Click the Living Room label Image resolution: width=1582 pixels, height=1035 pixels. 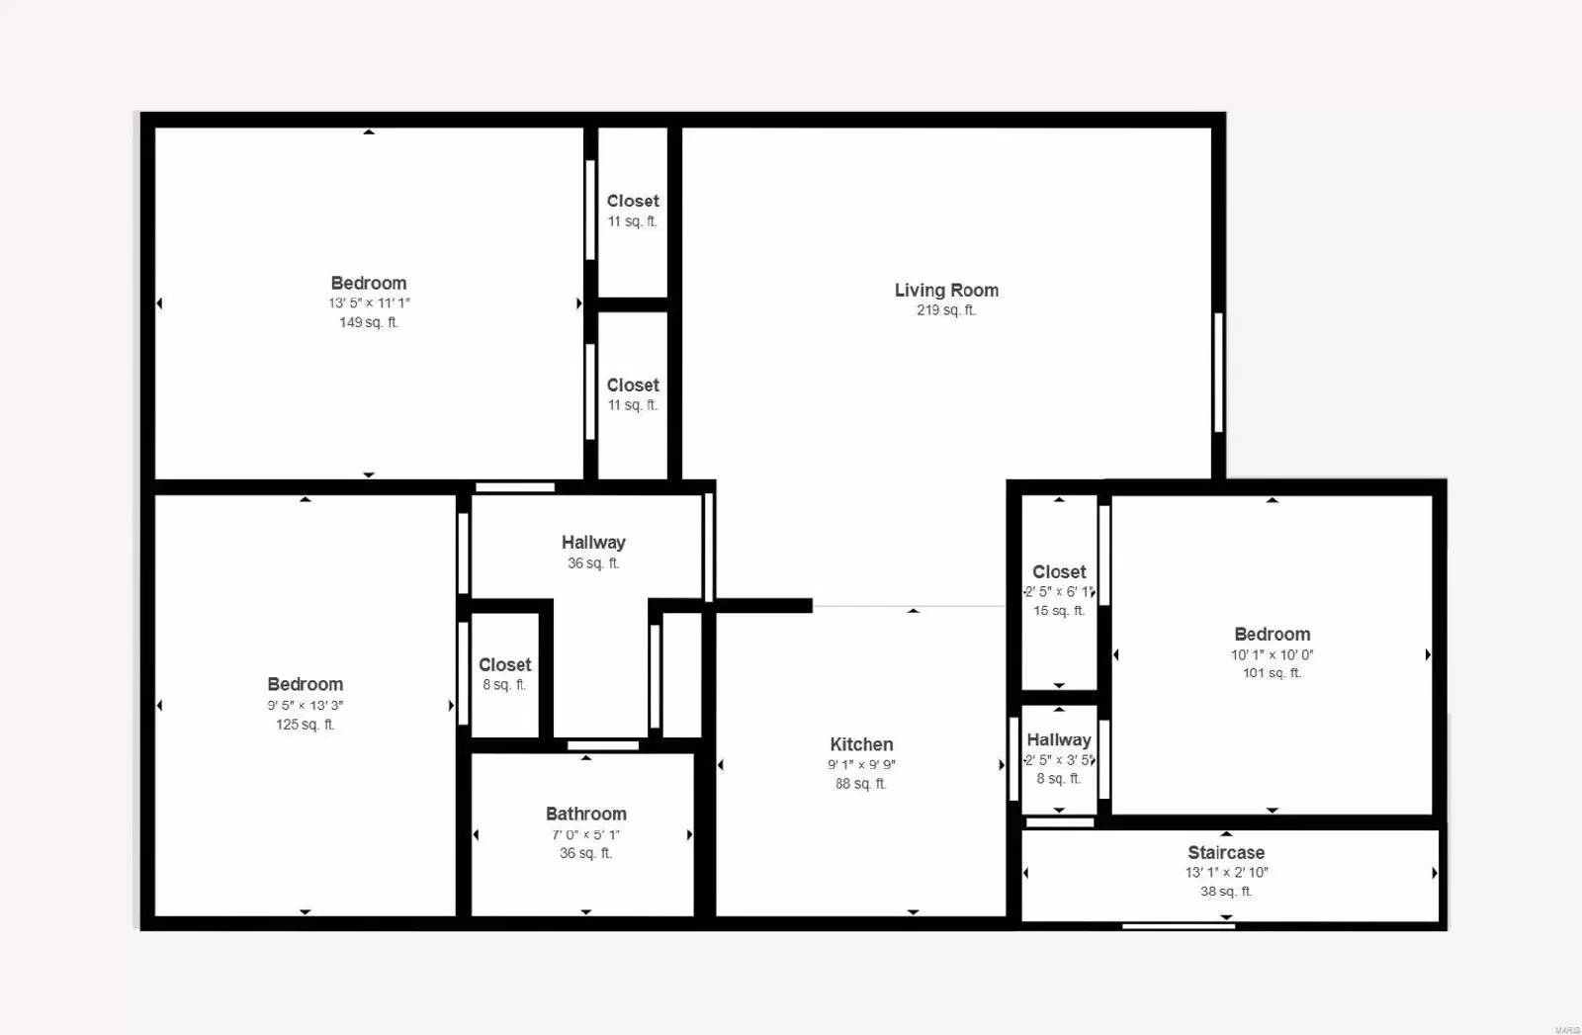pos(946,290)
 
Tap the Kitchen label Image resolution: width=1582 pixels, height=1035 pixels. pos(861,744)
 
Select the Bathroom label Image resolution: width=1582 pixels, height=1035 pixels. pos(585,814)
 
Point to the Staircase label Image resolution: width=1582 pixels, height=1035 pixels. pos(1226,852)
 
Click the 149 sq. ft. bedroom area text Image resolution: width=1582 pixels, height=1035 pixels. pos(368,322)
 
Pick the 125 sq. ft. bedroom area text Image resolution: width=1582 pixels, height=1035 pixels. pos(305,725)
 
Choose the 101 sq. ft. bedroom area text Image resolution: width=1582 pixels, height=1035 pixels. pos(1272,673)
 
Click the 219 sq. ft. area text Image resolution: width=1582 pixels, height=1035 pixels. pos(945,310)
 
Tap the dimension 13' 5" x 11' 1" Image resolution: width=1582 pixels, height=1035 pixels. pos(369,303)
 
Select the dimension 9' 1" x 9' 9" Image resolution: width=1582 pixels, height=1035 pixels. pos(861,764)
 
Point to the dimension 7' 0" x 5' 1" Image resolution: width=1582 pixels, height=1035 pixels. pos(585,834)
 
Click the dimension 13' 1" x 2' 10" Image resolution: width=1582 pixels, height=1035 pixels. pos(1226,872)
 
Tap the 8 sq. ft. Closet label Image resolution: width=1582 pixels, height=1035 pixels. pos(504,664)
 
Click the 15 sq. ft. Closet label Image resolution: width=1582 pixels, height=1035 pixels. pos(1059,571)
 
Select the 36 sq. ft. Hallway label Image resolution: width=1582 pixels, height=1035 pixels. pos(593,542)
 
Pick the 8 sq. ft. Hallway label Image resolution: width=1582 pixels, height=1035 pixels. pos(1058,739)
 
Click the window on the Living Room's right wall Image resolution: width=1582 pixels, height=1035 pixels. pos(1218,372)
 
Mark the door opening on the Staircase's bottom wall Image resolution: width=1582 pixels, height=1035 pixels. pos(1178,925)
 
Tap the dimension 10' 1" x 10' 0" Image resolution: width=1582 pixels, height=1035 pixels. pos(1272,654)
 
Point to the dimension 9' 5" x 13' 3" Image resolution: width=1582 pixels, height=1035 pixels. pos(305,705)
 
